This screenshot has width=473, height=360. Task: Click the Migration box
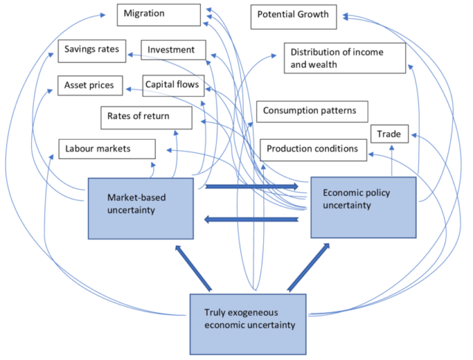click(x=158, y=14)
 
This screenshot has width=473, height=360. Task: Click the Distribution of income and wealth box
click(x=344, y=58)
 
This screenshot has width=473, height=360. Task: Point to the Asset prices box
click(x=90, y=86)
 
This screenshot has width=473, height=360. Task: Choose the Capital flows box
click(x=171, y=85)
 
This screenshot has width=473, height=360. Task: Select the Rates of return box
click(x=146, y=117)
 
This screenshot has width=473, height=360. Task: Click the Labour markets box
click(x=106, y=149)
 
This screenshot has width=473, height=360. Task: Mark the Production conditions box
click(x=313, y=149)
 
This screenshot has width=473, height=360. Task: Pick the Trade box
click(x=389, y=135)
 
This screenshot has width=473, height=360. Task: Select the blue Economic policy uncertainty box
click(x=365, y=206)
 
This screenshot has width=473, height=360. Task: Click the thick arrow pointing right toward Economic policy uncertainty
click(x=252, y=186)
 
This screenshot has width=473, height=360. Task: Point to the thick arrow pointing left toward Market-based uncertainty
click(x=252, y=219)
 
